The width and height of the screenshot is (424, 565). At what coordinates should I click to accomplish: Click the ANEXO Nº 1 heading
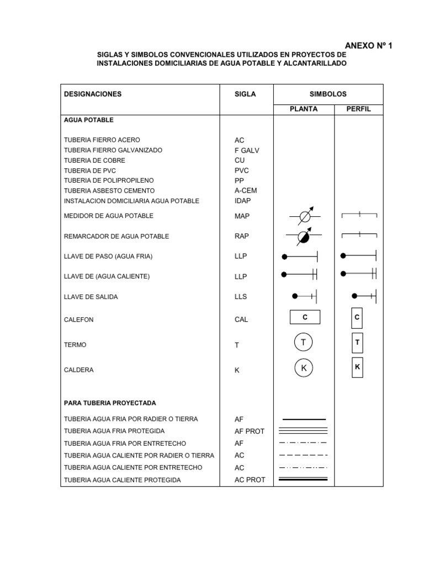tap(368, 46)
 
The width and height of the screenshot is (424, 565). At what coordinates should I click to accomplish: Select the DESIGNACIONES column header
tap(93, 94)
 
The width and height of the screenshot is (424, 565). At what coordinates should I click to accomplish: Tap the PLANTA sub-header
tap(304, 109)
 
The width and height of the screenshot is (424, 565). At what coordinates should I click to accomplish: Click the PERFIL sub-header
tap(358, 109)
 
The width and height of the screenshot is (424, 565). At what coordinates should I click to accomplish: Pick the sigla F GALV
tap(246, 150)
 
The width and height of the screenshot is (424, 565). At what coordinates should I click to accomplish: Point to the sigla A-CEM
tap(246, 190)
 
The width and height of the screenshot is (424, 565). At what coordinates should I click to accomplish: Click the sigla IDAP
tap(242, 201)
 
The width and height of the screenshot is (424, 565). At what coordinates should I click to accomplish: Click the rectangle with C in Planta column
tap(305, 317)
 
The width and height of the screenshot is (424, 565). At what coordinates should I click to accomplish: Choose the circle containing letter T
tap(303, 343)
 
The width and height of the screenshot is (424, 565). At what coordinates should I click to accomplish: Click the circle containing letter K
tap(303, 368)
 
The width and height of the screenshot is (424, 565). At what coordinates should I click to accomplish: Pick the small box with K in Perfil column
tap(357, 367)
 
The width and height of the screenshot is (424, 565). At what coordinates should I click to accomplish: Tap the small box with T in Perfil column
tap(357, 343)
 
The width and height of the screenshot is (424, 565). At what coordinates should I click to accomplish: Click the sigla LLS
tap(241, 297)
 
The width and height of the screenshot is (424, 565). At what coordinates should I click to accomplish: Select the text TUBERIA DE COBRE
tap(94, 161)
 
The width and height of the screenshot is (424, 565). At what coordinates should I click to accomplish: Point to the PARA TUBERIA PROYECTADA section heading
tap(110, 403)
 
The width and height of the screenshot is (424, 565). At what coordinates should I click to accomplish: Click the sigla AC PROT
tap(250, 480)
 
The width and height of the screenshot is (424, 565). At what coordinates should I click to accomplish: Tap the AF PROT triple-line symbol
tap(304, 431)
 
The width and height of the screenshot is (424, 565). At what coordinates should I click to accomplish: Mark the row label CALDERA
tap(79, 370)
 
